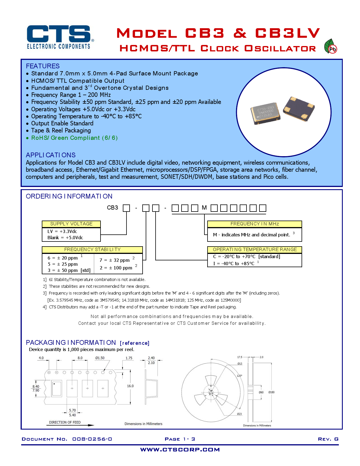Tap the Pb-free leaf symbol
click(330, 47)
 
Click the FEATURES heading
click(43, 66)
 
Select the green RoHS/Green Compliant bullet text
click(74, 138)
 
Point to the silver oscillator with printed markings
click(265, 113)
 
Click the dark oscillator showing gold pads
click(299, 109)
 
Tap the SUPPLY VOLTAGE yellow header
click(71, 224)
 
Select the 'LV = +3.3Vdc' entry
click(62, 231)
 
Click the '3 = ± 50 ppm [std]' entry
click(69, 270)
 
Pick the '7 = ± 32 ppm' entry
click(114, 260)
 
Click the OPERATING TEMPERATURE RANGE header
click(255, 250)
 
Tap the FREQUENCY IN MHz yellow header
click(255, 224)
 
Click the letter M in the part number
click(204, 208)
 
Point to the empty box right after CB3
click(126, 208)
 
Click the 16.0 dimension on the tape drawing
click(130, 386)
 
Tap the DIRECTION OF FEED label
click(65, 422)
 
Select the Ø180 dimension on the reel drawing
click(271, 392)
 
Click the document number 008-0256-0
click(92, 439)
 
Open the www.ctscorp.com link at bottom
click(180, 450)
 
